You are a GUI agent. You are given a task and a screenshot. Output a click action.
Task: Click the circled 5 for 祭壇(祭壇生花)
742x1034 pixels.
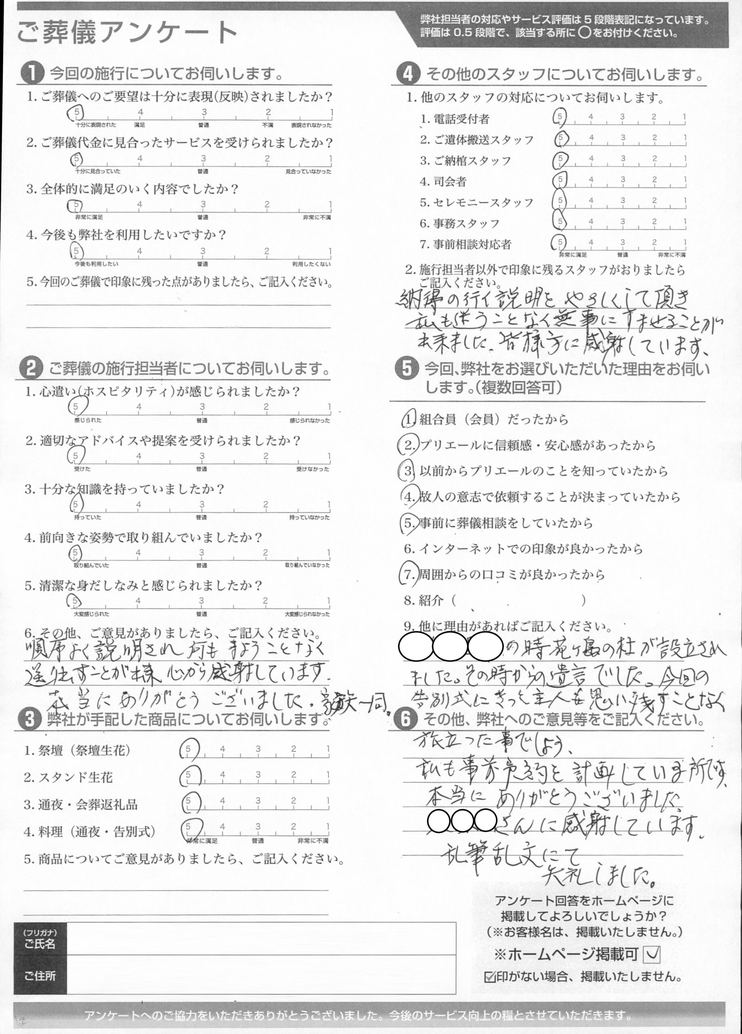click(x=188, y=749)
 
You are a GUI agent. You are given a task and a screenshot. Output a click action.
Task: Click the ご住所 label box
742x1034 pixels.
click(x=40, y=976)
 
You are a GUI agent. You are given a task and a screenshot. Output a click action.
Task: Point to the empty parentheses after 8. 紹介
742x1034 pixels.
click(x=519, y=601)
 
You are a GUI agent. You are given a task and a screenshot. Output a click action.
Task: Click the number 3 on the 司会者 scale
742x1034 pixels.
click(x=622, y=180)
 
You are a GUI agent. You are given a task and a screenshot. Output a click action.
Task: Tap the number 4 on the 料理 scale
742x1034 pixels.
click(x=223, y=826)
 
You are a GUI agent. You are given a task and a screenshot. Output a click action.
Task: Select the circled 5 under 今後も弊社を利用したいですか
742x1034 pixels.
click(x=76, y=251)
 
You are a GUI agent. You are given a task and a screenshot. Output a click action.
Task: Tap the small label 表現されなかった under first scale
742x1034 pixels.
click(x=311, y=125)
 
